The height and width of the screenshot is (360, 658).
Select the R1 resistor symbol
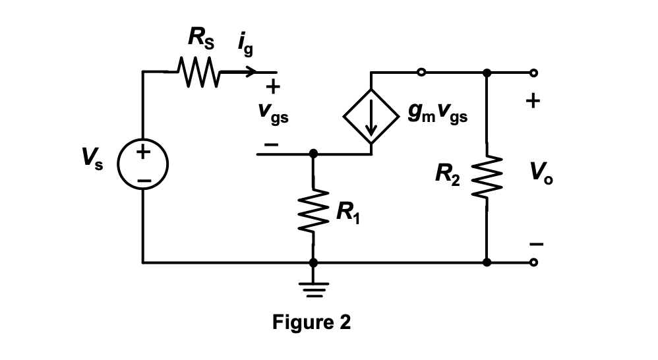pos(313,210)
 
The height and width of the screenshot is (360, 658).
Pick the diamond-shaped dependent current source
pos(371,117)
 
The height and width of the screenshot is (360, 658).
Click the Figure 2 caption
pos(312,323)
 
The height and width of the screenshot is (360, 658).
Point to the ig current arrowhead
pos(250,71)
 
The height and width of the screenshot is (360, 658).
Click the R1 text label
pos(348,213)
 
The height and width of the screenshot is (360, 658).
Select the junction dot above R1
pos(313,154)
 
